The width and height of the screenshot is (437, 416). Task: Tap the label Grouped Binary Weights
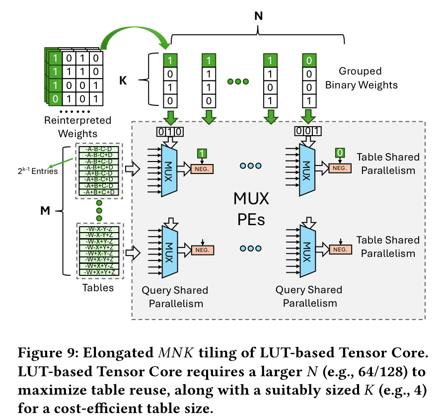tap(361, 78)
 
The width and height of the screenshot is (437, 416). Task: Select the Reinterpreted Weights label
tap(77, 127)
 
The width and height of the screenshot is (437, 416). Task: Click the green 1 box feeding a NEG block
tap(202, 153)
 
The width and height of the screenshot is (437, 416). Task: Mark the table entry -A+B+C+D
tap(99, 192)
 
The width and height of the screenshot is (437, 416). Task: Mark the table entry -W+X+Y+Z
tap(99, 272)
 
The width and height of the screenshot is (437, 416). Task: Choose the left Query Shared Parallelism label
tap(175, 296)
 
